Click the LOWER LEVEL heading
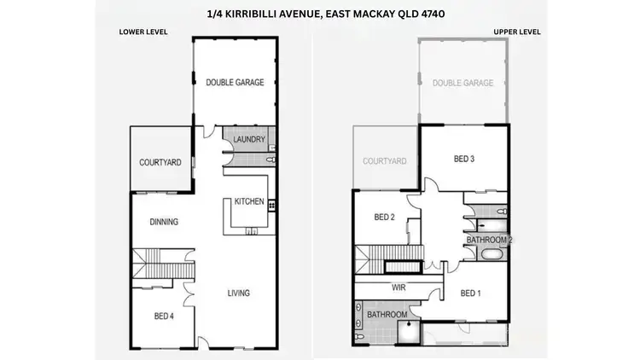tap(143, 32)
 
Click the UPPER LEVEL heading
tap(518, 32)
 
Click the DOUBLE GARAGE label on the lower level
tap(235, 83)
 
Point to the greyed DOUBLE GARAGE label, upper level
tap(463, 83)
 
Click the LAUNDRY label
tap(250, 140)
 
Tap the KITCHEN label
tap(248, 201)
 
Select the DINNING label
tap(163, 222)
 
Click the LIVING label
tap(238, 293)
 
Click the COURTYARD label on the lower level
tap(160, 162)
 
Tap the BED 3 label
tap(463, 159)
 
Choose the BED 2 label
tap(384, 217)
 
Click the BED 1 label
tap(470, 293)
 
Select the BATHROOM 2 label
tap(489, 241)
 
